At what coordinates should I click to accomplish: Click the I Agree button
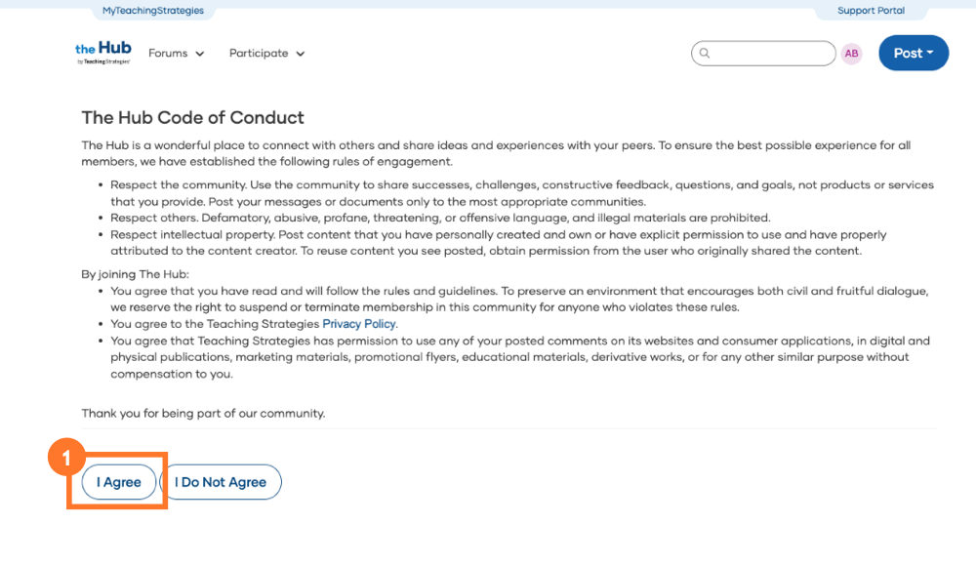click(x=119, y=482)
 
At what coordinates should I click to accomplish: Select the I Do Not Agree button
click(x=221, y=482)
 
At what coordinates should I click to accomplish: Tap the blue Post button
click(x=914, y=54)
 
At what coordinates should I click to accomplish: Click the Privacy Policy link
click(x=359, y=324)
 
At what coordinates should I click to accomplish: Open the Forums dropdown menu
click(x=176, y=54)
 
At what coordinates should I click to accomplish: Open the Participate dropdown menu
click(x=266, y=54)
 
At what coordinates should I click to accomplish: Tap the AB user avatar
click(x=852, y=54)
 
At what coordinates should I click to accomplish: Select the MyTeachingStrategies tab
click(x=153, y=11)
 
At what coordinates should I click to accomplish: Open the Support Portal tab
click(x=871, y=11)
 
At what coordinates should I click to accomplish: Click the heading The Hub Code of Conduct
click(x=193, y=118)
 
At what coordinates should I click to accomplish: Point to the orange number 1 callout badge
click(x=65, y=456)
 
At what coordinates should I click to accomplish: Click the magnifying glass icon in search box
click(x=705, y=54)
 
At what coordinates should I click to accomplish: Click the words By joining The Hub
click(x=135, y=274)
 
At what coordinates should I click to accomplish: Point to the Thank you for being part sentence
click(x=203, y=414)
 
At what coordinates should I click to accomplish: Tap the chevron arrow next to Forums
click(x=200, y=55)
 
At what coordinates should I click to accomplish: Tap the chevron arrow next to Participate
click(x=301, y=55)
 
